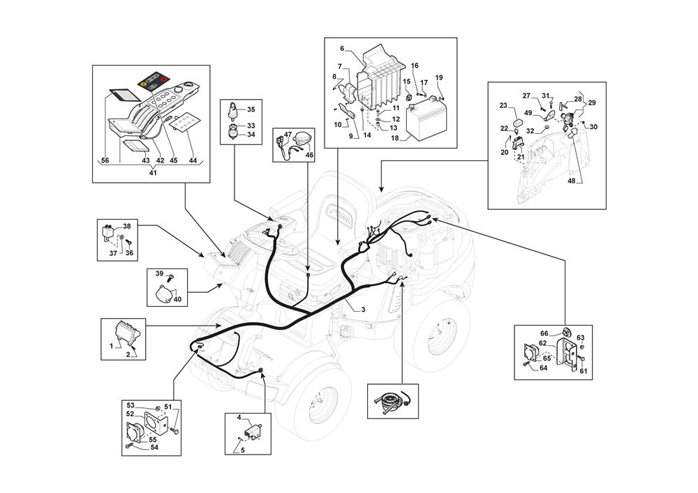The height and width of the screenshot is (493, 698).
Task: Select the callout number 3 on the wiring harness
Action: (363, 309)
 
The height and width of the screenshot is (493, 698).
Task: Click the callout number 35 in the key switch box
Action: (251, 109)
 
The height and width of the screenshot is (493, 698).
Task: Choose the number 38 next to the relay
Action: (127, 227)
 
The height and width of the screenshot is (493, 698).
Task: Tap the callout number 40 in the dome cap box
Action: (177, 300)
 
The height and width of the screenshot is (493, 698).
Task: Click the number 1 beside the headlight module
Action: (111, 346)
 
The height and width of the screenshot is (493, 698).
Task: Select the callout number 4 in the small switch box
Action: (239, 418)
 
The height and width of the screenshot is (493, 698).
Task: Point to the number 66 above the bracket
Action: (544, 333)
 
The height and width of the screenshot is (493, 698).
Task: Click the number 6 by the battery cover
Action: (342, 48)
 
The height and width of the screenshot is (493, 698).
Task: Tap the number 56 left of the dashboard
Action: (105, 160)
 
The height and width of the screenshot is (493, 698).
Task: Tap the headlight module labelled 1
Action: (126, 332)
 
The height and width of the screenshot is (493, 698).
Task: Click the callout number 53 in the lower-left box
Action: (131, 404)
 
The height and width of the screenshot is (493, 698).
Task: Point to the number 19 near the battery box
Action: (439, 77)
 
